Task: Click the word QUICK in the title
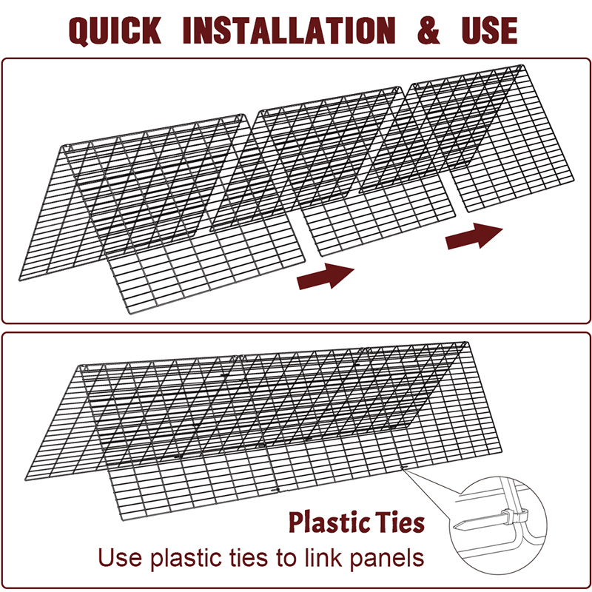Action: pos(115,31)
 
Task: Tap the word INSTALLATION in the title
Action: pos(289,30)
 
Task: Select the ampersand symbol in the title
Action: pos(428,30)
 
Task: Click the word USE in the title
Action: pos(489,30)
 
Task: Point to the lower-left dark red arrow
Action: pos(326,276)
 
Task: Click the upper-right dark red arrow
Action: pos(474,236)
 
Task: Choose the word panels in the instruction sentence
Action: pos(386,559)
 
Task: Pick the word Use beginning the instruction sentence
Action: pos(120,558)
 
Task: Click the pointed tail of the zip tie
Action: pos(454,525)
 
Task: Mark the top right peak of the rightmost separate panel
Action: pos(522,66)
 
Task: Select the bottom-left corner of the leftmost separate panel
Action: pos(20,280)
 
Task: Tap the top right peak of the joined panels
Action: pos(467,343)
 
